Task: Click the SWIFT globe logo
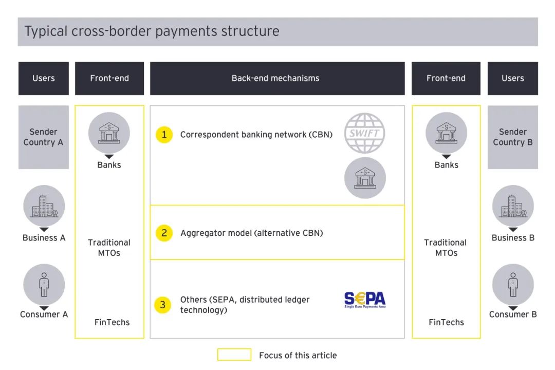tap(364, 133)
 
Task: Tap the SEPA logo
tap(365, 300)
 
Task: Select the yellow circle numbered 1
tap(164, 135)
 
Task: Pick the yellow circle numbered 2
tap(164, 233)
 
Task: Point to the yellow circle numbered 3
tap(163, 305)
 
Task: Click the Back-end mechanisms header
tap(275, 79)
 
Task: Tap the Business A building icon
tap(44, 206)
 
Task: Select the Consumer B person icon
tap(513, 284)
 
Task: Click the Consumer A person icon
tap(44, 284)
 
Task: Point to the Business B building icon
tap(513, 206)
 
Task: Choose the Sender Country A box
tap(44, 137)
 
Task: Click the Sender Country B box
tap(513, 137)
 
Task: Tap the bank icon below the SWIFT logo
tap(365, 178)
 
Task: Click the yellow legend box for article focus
tap(234, 355)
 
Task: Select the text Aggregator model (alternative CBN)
tap(252, 233)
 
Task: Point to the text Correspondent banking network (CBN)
tap(256, 135)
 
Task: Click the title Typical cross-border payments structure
tap(152, 31)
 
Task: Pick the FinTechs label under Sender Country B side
tap(446, 322)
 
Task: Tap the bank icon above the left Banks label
tap(109, 133)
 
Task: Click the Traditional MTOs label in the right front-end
tap(446, 248)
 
